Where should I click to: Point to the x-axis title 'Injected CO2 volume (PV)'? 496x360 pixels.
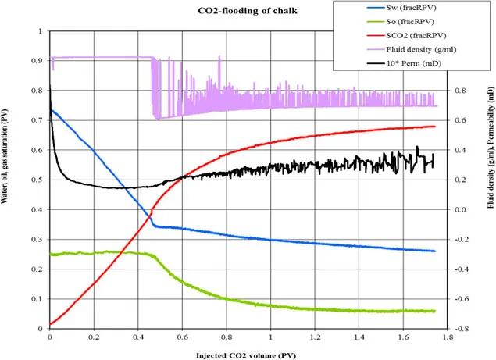pyautogui.click(x=248, y=354)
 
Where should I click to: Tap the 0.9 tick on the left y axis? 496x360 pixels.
pyautogui.click(x=39, y=61)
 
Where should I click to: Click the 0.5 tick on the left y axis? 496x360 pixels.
pyautogui.click(x=39, y=180)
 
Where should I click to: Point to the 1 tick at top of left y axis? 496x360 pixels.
pyautogui.click(x=42, y=31)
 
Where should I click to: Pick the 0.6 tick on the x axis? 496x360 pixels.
pyautogui.click(x=181, y=339)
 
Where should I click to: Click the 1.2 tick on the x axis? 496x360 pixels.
pyautogui.click(x=313, y=339)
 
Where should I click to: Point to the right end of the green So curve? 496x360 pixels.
pyautogui.click(x=434, y=311)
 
